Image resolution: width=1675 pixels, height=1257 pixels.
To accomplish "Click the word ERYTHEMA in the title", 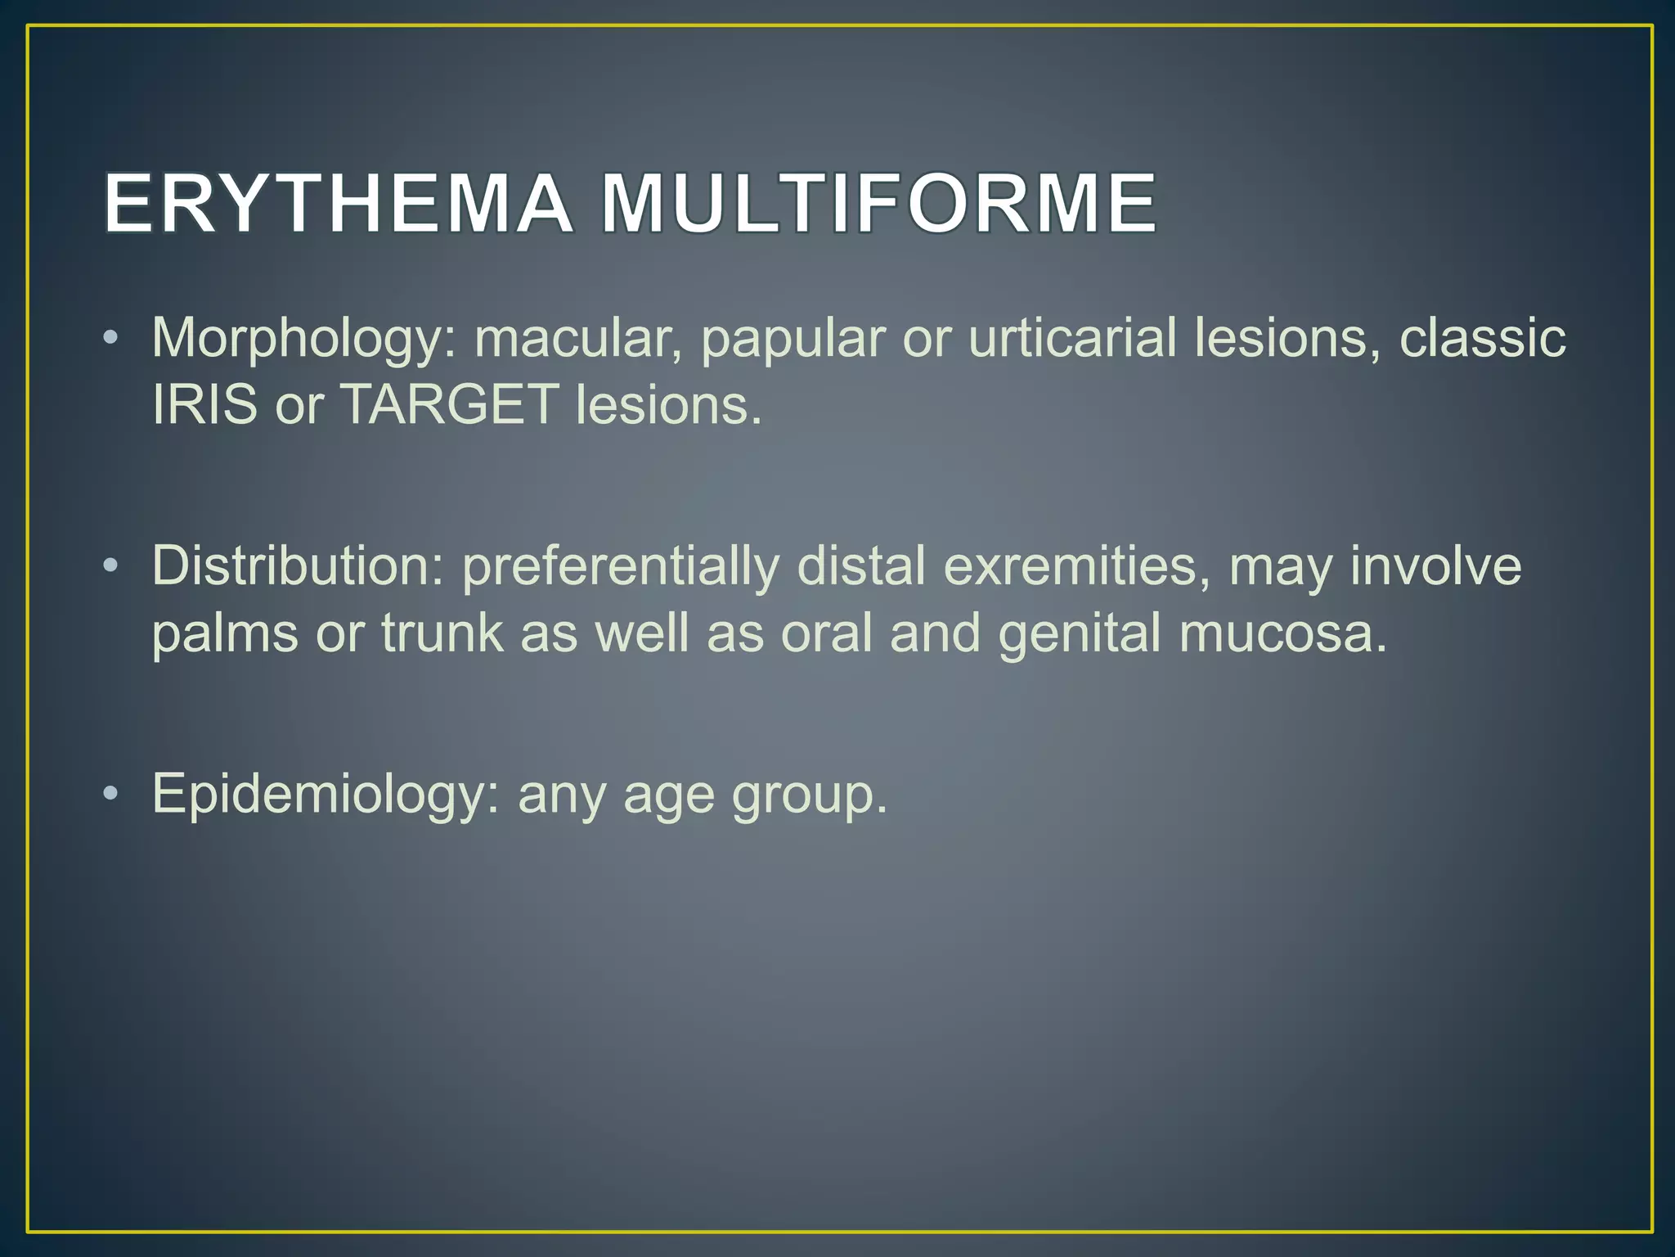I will click(338, 204).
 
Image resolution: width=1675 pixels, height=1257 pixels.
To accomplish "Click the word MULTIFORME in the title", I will click(878, 204).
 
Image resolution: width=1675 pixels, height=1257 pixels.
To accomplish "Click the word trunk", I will click(442, 633).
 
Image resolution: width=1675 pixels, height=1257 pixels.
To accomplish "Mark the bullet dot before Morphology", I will click(112, 339).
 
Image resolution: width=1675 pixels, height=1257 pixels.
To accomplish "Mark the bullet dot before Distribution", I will click(112, 566).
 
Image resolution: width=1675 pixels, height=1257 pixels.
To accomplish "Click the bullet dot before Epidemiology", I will click(112, 794).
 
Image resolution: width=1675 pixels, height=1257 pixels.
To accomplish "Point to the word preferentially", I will click(621, 567).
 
